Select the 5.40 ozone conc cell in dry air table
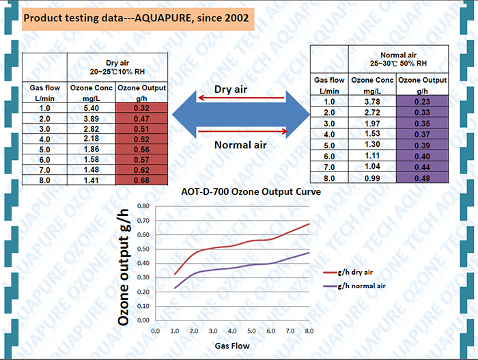pos(91,108)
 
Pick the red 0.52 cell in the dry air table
pos(141,139)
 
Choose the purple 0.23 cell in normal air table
pos(422,102)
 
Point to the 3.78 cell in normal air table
pos(372,102)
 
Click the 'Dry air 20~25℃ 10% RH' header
pos(117,67)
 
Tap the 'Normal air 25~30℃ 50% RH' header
pos(397,58)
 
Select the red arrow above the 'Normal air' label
pos(241,130)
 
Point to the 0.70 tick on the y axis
pos(141,220)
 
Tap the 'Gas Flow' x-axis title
pos(232,346)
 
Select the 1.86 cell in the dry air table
pos(91,149)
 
